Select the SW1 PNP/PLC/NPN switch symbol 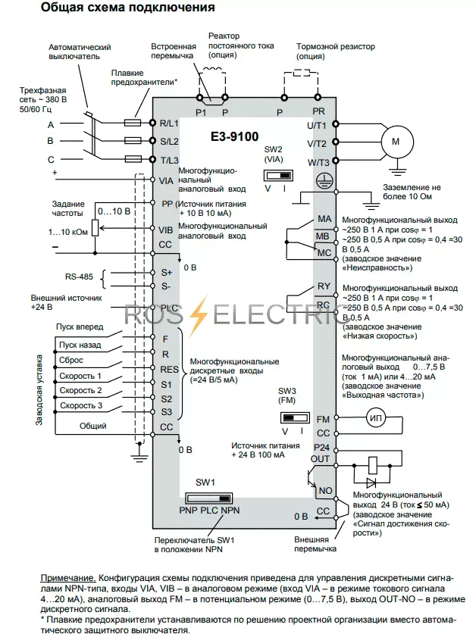tap(209, 498)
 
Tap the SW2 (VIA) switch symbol tap(278, 176)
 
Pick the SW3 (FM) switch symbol tap(295, 417)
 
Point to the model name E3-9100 tap(234, 136)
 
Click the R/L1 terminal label tap(169, 123)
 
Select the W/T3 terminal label tap(318, 163)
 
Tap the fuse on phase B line tap(133, 141)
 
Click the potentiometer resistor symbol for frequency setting tap(95, 228)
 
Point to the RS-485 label tap(79, 276)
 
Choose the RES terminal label tap(169, 369)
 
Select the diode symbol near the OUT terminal tap(371, 483)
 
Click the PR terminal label tap(318, 111)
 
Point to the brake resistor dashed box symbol tap(301, 73)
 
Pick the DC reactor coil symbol tap(211, 70)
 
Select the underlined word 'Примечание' tap(68, 579)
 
